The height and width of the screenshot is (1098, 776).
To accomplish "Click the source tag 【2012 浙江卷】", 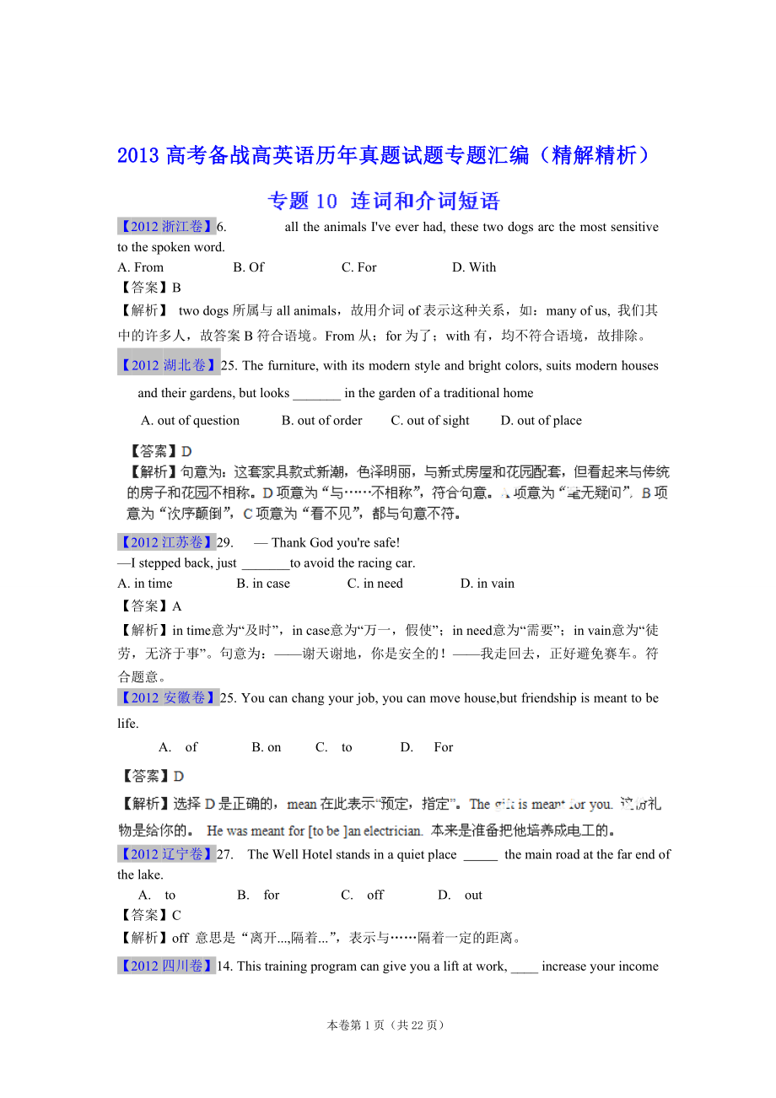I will click(166, 227).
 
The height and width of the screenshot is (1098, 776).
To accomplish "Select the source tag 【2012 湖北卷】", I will click(168, 365).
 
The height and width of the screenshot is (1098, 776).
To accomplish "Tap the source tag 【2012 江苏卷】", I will click(166, 542).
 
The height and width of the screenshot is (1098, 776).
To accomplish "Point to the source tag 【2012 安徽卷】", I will click(168, 697).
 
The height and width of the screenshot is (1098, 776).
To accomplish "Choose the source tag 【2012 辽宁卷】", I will click(166, 854).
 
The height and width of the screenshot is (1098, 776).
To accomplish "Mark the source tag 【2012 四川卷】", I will click(166, 966).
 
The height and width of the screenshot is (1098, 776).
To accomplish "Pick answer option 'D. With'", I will click(474, 267).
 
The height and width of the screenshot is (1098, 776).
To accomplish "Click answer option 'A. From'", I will click(141, 267).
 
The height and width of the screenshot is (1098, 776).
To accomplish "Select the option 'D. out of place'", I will click(541, 421).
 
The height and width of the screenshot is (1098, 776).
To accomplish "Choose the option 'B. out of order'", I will click(321, 421).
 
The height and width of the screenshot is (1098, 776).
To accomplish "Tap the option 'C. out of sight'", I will click(430, 421).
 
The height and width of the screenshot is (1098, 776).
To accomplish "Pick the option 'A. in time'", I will click(145, 584).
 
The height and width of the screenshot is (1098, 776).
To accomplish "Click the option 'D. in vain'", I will click(487, 584).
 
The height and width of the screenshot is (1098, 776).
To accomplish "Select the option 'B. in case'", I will click(262, 584).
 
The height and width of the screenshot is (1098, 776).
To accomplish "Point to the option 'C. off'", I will click(363, 896).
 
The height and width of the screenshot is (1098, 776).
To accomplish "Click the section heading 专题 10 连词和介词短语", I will click(384, 201).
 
